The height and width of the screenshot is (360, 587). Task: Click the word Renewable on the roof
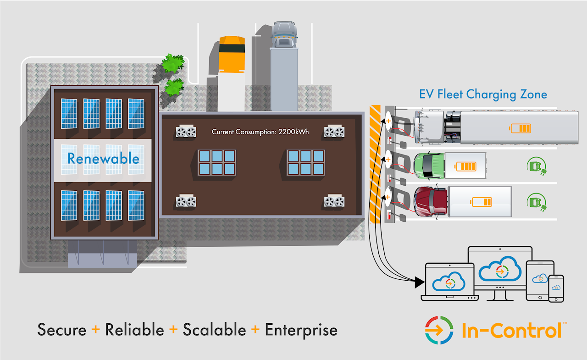103,159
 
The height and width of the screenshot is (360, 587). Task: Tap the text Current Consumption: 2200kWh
260,132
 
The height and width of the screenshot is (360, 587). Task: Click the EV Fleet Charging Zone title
483,94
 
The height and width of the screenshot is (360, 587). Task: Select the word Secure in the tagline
62,330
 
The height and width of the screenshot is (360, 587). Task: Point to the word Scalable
215,330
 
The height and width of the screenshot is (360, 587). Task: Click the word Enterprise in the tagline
301,330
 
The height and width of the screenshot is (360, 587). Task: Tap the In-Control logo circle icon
439,330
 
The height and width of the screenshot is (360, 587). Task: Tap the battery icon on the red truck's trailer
482,202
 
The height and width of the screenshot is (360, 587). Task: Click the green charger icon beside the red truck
534,202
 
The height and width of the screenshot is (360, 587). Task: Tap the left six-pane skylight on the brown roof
217,162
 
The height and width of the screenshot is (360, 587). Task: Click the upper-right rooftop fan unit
334,132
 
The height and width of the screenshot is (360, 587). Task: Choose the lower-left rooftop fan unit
186,201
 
